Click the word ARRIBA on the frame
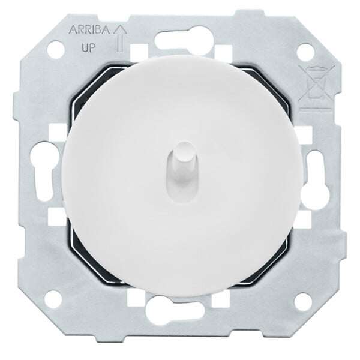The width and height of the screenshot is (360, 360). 89,31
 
